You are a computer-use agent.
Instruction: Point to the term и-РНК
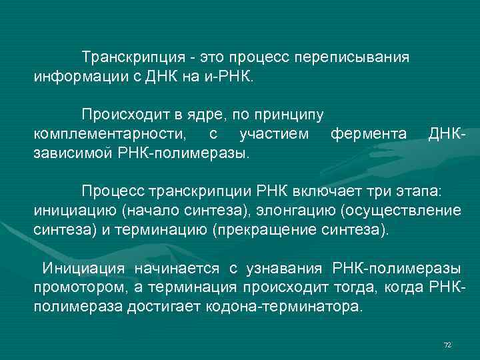pyautogui.click(x=228, y=73)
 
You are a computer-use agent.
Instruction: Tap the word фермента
pyautogui.click(x=369, y=134)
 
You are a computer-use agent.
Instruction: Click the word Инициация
pyautogui.click(x=83, y=268)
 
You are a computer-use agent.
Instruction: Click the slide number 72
pyautogui.click(x=447, y=344)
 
